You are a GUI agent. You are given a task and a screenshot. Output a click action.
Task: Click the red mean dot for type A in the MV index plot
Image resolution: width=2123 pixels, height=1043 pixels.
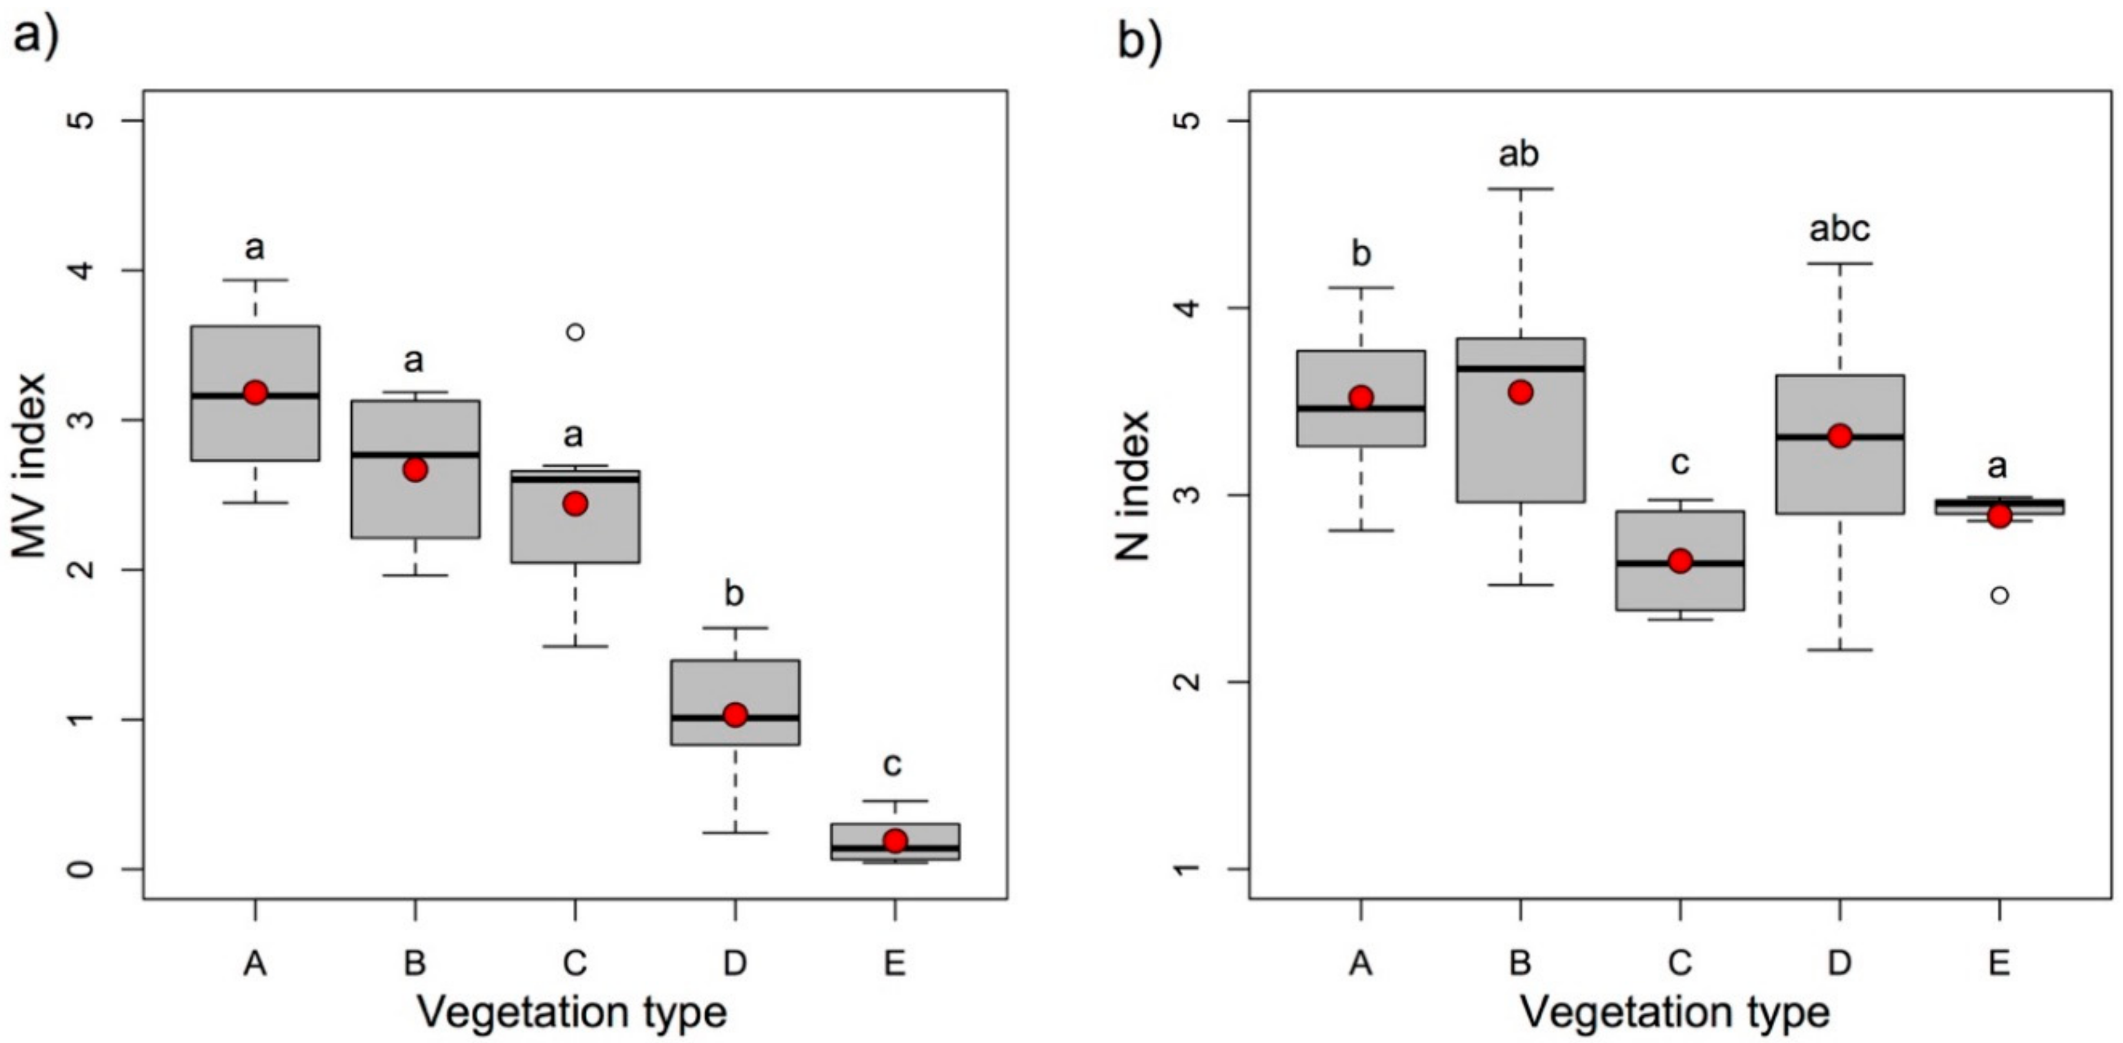pos(256,392)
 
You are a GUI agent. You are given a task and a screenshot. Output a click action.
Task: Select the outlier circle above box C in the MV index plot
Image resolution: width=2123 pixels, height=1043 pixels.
pos(575,332)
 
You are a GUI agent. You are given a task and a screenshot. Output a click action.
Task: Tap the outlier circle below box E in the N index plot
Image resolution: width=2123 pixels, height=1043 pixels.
pos(1999,595)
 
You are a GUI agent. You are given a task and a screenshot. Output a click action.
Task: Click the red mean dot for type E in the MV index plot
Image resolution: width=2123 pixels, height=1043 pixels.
pos(895,841)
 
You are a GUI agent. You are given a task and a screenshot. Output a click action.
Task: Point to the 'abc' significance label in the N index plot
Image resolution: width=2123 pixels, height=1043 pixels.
pos(1840,229)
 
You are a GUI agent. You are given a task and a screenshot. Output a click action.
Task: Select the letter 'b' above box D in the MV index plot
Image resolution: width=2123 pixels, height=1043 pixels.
pos(734,593)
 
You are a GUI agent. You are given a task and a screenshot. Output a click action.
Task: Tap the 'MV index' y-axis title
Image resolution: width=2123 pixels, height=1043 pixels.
pos(31,466)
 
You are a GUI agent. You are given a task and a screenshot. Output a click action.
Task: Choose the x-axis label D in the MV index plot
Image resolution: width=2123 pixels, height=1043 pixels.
pos(734,962)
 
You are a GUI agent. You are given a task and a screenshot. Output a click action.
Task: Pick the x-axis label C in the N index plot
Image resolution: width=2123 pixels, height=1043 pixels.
pos(1680,962)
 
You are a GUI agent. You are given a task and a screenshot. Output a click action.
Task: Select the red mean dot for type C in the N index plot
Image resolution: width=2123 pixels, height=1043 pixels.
pos(1680,560)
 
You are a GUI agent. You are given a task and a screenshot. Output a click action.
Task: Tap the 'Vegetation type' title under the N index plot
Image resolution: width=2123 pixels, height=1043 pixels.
pos(1675,1012)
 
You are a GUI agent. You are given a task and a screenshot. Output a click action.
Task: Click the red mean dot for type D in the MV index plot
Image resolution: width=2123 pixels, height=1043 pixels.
pos(735,715)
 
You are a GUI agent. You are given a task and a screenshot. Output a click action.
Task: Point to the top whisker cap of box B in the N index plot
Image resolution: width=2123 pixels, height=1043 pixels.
pos(1520,189)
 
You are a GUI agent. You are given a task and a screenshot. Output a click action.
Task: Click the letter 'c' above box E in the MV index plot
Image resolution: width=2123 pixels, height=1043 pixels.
pos(893,764)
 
